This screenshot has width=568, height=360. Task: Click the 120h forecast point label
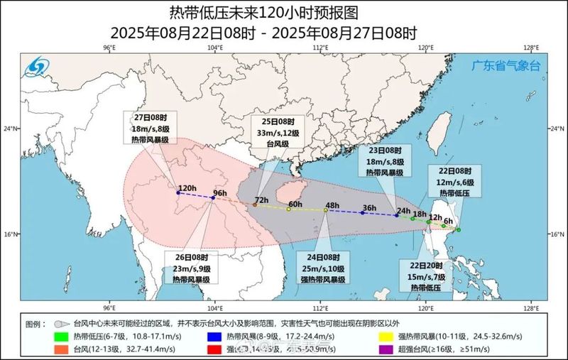pyautogui.click(x=187, y=188)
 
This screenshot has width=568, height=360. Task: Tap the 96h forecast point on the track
pyautogui.click(x=213, y=198)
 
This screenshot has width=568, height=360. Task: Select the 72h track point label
pyautogui.click(x=261, y=201)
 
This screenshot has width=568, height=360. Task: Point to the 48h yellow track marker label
pyautogui.click(x=332, y=206)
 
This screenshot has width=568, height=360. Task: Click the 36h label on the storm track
pyautogui.click(x=368, y=208)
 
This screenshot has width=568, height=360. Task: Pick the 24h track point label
pyautogui.click(x=403, y=211)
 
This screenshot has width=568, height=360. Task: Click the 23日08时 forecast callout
pyautogui.click(x=383, y=162)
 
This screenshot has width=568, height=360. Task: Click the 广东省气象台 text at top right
pyautogui.click(x=506, y=65)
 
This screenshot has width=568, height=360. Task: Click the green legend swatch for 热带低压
pyautogui.click(x=62, y=336)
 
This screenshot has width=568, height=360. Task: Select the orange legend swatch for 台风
pyautogui.click(x=62, y=348)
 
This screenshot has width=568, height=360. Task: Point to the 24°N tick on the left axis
pyautogui.click(x=12, y=129)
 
